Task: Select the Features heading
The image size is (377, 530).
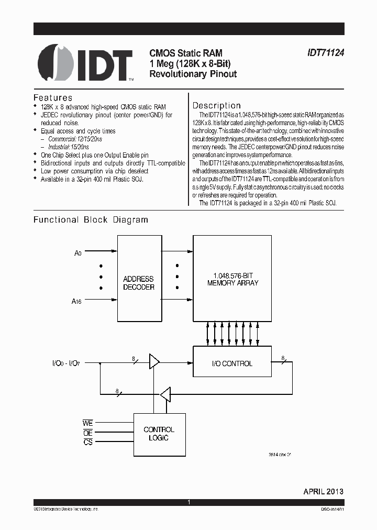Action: (53, 98)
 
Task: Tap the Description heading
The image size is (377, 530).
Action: (217, 105)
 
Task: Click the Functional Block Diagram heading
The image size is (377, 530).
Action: (91, 220)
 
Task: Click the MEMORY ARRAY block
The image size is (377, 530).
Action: (232, 278)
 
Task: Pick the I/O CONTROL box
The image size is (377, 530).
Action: (232, 363)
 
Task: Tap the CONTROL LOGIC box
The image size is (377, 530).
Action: (159, 434)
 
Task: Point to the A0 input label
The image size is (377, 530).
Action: (77, 253)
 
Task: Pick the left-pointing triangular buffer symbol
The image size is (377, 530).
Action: (165, 393)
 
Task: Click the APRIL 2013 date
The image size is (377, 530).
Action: (323, 491)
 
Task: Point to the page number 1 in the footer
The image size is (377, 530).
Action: (188, 502)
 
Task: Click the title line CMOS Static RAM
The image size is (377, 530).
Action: (186, 53)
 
